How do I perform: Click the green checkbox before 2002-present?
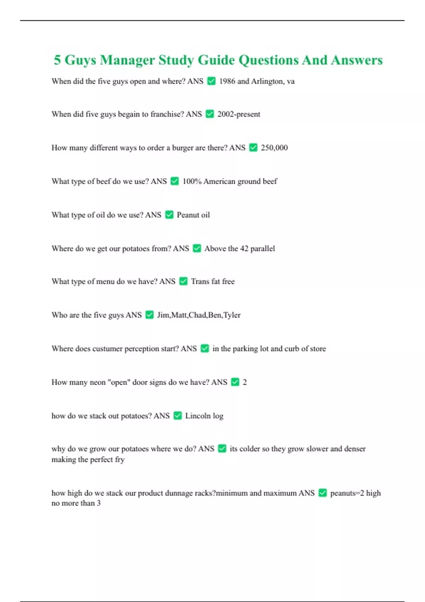[x=210, y=114]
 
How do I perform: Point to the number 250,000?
[x=274, y=148]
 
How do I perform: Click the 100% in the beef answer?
[x=192, y=181]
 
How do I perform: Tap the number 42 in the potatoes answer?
[x=244, y=249]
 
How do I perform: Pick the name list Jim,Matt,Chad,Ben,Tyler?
[x=199, y=315]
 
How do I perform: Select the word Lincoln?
[x=198, y=416]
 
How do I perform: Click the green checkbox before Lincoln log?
[x=178, y=416]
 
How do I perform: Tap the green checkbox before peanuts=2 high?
[x=323, y=493]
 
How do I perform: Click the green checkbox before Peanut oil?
[x=169, y=215]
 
